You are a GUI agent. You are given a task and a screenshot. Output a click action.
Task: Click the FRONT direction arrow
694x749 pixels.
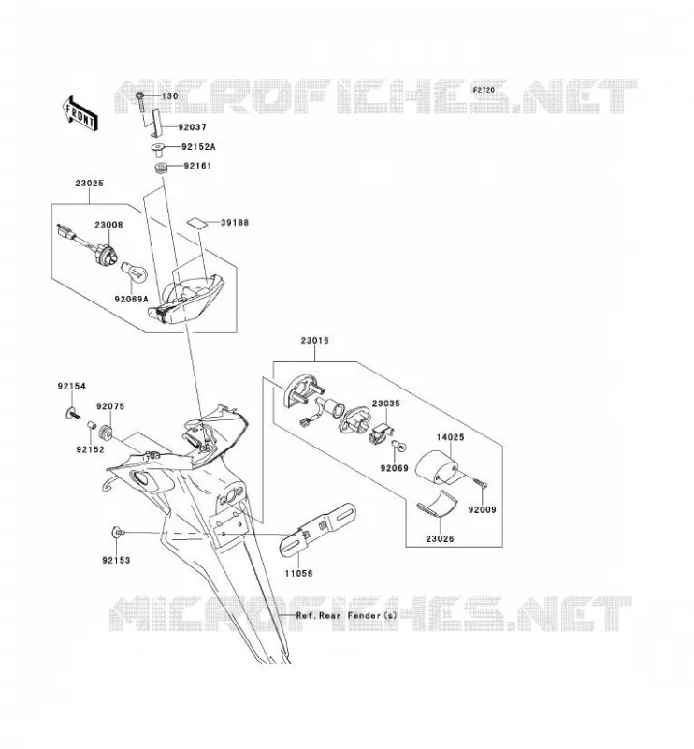click(80, 113)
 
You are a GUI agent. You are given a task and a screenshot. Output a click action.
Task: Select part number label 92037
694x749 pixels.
click(192, 127)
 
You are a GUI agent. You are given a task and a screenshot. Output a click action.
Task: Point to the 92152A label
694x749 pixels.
click(198, 147)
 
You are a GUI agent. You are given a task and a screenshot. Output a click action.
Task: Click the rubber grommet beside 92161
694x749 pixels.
click(161, 169)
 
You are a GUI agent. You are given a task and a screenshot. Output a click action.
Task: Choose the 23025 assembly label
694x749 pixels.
click(89, 183)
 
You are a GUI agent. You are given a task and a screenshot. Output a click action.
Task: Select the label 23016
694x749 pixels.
click(314, 341)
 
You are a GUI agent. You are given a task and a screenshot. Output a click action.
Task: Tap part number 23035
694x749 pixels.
click(386, 404)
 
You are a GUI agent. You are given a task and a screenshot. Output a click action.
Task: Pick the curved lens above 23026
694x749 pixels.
click(437, 504)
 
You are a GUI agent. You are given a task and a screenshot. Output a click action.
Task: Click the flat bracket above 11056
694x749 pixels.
click(317, 530)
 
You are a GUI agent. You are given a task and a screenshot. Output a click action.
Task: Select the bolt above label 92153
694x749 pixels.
click(118, 532)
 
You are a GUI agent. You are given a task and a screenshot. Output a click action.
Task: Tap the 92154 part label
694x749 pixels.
click(72, 386)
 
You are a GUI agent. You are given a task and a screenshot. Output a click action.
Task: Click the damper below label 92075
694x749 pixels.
click(105, 433)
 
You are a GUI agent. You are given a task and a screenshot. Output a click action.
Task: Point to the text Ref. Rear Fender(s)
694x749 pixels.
click(346, 615)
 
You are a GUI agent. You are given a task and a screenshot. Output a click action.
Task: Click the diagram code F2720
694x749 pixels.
click(484, 90)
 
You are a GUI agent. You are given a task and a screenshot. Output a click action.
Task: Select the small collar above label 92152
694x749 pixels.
click(92, 425)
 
